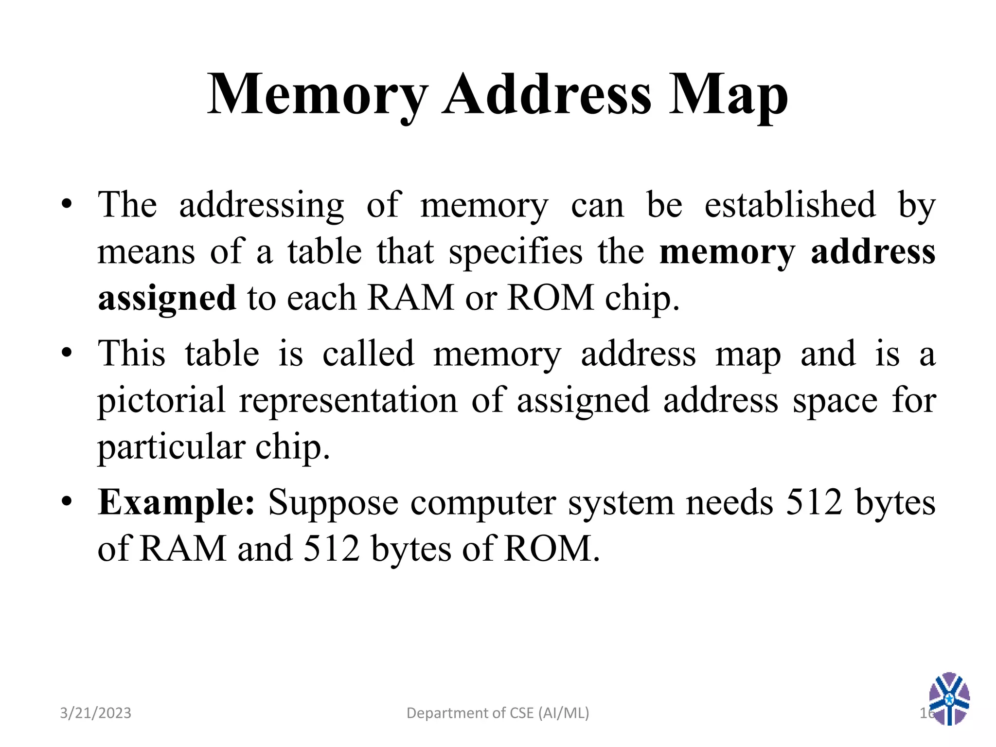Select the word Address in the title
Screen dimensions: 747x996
point(547,94)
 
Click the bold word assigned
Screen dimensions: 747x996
point(167,299)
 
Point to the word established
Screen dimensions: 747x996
point(790,205)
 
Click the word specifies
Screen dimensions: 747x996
point(515,252)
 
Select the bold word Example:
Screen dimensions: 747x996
point(176,503)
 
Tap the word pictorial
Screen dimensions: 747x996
point(161,401)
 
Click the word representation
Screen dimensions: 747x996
point(348,401)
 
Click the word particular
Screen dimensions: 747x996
point(171,447)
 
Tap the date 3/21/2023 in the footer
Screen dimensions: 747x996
point(95,713)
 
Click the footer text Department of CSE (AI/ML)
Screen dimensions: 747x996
point(498,713)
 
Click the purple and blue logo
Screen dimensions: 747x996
point(949,698)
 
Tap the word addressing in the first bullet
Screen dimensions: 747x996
point(262,205)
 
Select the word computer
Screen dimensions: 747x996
point(483,503)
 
